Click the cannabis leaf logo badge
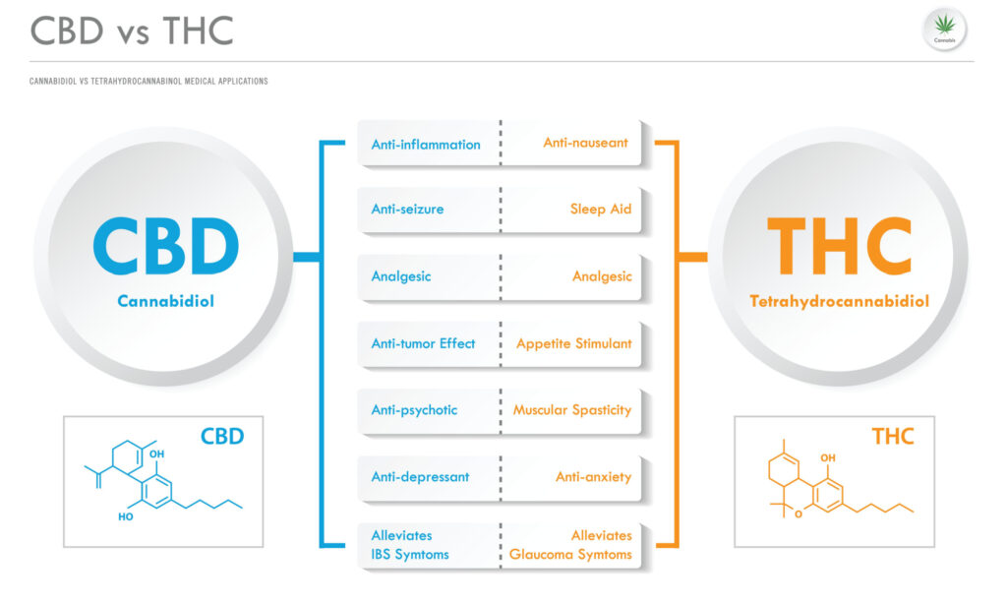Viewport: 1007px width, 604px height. [944, 30]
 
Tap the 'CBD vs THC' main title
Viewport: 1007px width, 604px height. [132, 30]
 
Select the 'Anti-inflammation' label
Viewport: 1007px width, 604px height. [426, 145]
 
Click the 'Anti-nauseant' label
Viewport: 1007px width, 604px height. [585, 143]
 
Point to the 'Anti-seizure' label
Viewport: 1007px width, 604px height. [407, 210]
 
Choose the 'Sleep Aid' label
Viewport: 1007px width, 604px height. [600, 210]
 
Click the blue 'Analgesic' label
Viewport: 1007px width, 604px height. [400, 276]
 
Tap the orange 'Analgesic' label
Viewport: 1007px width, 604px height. [602, 276]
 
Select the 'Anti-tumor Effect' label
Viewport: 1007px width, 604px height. [423, 343]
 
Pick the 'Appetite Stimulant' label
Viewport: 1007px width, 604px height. [574, 343]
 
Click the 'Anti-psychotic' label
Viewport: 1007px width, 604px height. [414, 409]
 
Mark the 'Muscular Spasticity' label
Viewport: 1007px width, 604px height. [572, 409]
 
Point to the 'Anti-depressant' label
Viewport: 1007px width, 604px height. [420, 477]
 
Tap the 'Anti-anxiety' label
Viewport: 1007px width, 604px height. [593, 477]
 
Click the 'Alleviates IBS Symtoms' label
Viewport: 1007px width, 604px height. [410, 545]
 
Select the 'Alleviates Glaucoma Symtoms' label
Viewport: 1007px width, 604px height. [570, 545]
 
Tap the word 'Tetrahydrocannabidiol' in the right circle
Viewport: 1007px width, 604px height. [838, 301]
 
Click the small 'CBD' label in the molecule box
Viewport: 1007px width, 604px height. [222, 436]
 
